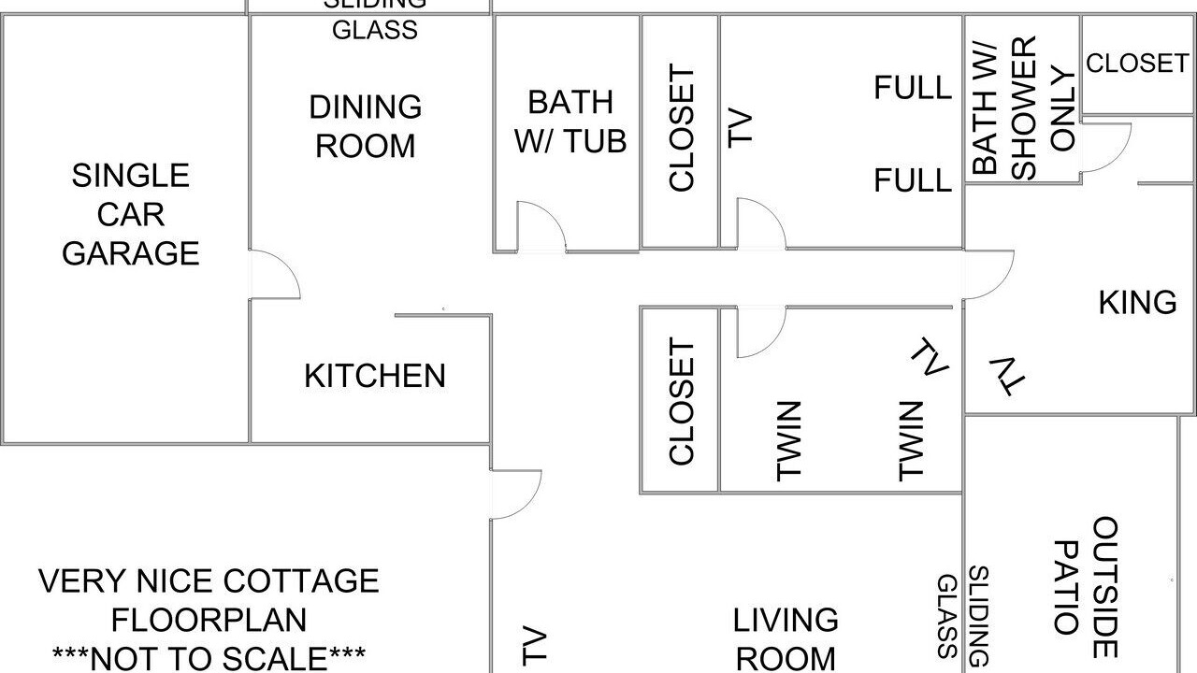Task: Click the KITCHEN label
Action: pos(375,376)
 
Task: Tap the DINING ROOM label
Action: pos(366,126)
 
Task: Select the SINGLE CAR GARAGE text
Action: pos(130,214)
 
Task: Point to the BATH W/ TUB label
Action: pos(570,122)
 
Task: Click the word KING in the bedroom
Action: pos(1138,302)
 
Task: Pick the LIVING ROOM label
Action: pos(785,639)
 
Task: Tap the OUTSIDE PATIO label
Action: pos(1085,586)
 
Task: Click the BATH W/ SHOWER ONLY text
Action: pos(1023,107)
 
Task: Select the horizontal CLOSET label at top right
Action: pos(1137,64)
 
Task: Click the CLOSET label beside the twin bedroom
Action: pos(682,401)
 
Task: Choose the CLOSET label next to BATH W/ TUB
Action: pos(682,128)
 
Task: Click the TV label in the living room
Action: pos(534,645)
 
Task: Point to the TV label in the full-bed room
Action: pos(740,128)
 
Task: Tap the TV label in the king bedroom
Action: pos(1008,376)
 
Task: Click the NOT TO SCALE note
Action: pos(209,658)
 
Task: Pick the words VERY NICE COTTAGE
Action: pos(209,580)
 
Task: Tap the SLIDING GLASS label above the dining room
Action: pos(375,20)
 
